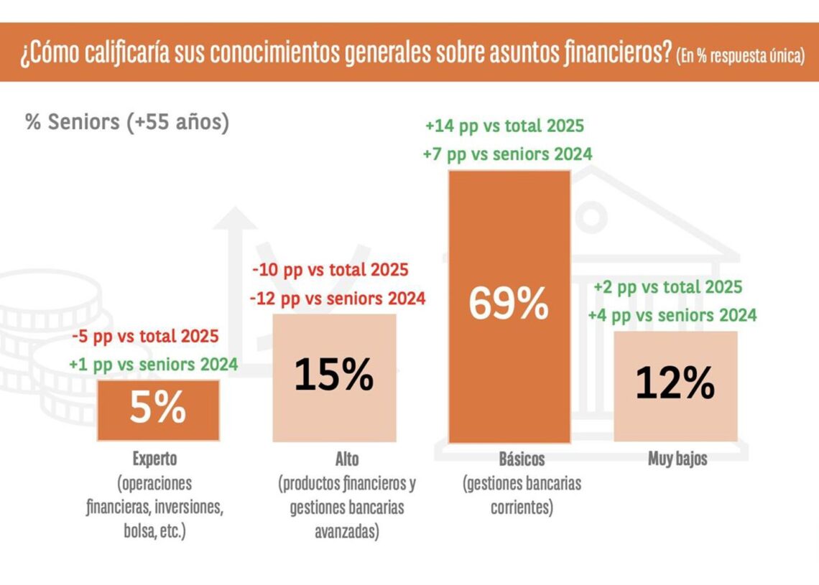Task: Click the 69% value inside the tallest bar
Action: pos(509,304)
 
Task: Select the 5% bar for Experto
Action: pos(158,410)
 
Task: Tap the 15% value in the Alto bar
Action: pos(334,376)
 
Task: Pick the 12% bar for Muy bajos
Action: pos(675,385)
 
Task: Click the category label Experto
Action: pos(154,458)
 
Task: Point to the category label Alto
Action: pos(346,459)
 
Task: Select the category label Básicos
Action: pos(522,459)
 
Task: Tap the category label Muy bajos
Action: pos(677,459)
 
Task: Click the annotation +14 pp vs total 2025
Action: pos(504,127)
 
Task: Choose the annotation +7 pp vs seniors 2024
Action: pos(509,154)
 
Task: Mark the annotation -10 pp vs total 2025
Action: pos(330,271)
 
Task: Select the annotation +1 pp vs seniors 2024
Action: pos(153,364)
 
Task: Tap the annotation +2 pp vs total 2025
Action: pos(667,287)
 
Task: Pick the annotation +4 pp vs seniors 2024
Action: pos(672,314)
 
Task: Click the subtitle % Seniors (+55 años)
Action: pos(127,122)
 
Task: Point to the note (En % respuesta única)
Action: pos(740,57)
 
